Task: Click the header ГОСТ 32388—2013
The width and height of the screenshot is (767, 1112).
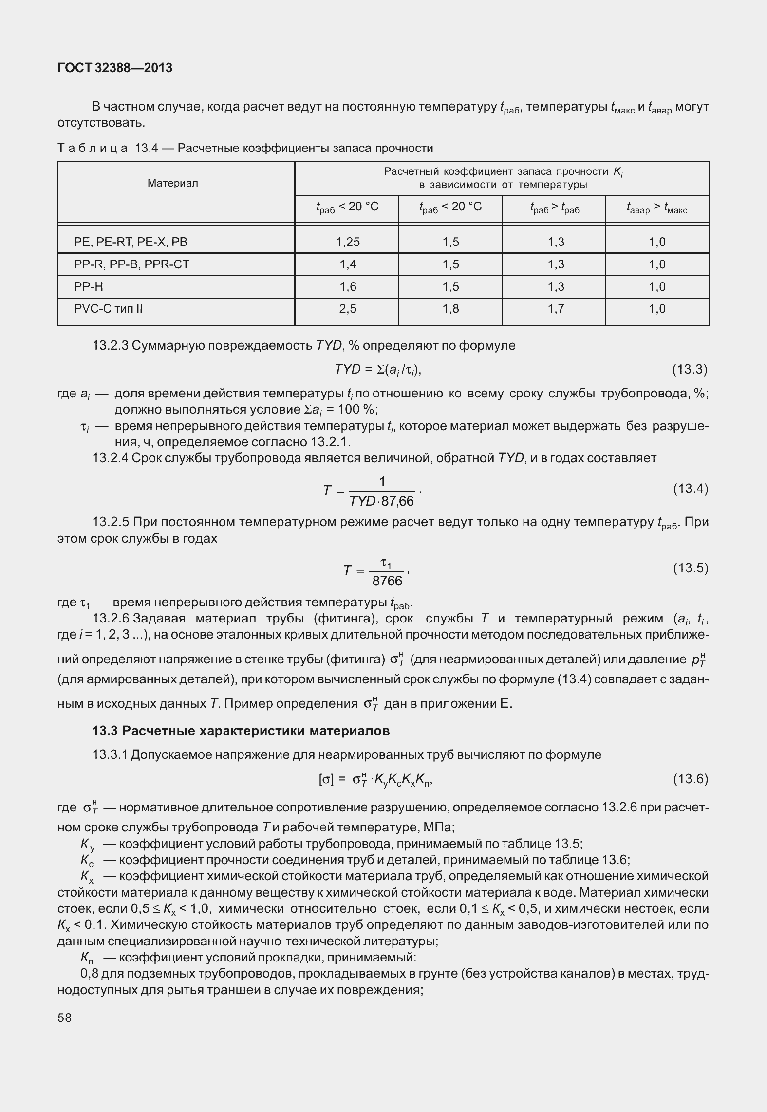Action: click(x=115, y=68)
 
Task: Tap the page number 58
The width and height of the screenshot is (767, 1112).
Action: click(x=64, y=1018)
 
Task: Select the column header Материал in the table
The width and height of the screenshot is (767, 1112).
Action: click(x=173, y=183)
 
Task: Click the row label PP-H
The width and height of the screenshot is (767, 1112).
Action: click(x=89, y=286)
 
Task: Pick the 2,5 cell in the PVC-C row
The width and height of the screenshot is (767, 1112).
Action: click(x=348, y=309)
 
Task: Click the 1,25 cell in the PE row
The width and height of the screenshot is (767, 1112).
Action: click(x=348, y=242)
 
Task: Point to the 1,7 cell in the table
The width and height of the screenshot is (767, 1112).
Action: click(x=556, y=309)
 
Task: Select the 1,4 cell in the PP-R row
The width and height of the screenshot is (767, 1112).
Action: click(x=348, y=264)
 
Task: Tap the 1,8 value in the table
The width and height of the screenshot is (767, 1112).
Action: click(x=451, y=309)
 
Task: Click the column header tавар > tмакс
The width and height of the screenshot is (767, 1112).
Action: click(x=656, y=208)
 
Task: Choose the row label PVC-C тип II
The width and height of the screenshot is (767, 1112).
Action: click(x=108, y=309)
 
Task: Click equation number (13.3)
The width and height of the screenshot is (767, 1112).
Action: click(x=690, y=370)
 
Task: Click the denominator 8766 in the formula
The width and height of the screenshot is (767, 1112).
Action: click(x=387, y=581)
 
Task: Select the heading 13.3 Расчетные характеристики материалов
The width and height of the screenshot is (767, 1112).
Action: click(x=241, y=731)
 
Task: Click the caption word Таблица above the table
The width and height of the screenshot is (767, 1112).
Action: click(x=93, y=148)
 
